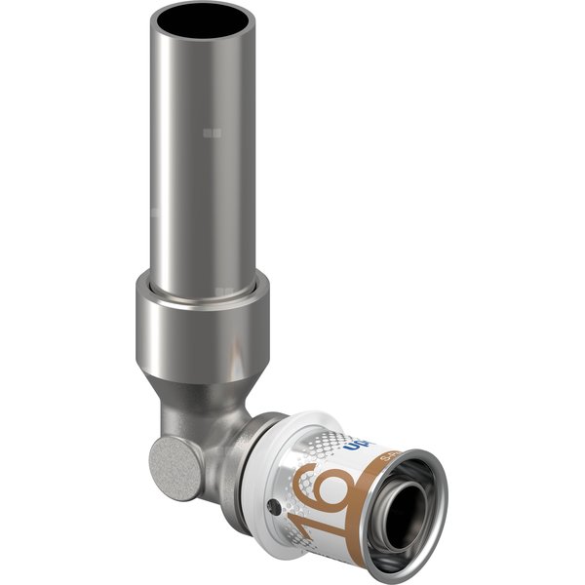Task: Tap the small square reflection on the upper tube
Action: (213, 132)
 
